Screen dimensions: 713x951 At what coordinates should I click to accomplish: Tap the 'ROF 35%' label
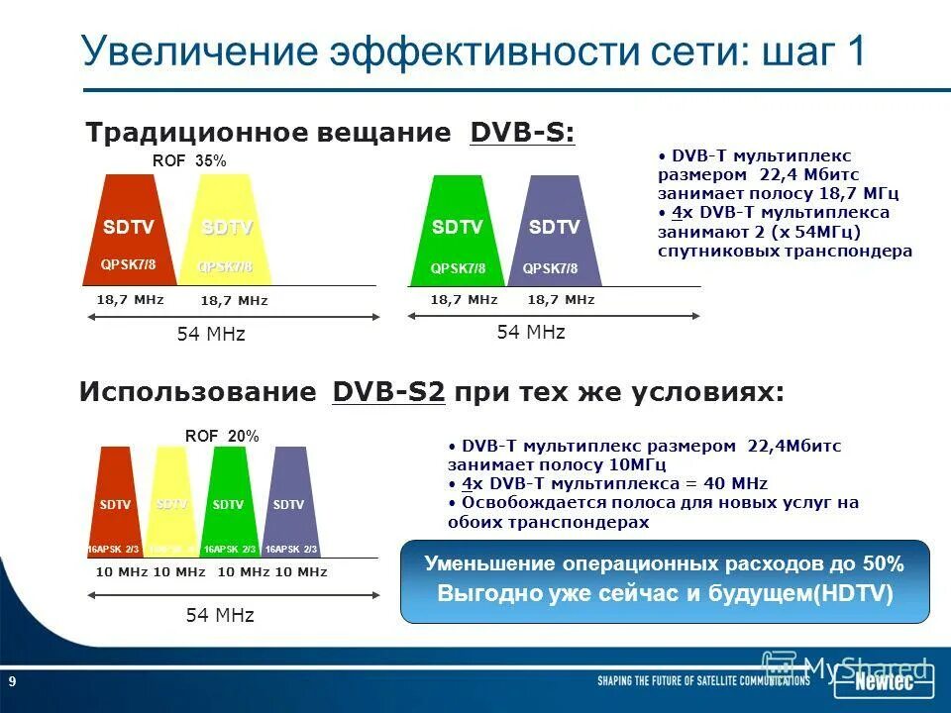(189, 160)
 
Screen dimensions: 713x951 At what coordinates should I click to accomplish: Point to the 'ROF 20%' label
(222, 436)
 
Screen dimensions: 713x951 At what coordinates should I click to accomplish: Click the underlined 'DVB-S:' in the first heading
(522, 133)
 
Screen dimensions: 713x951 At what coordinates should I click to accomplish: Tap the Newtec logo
(884, 682)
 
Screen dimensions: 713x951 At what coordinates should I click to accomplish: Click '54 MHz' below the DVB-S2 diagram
(220, 615)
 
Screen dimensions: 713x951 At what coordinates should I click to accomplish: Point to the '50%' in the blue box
(883, 564)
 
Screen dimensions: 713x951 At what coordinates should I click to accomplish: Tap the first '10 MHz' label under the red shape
(121, 572)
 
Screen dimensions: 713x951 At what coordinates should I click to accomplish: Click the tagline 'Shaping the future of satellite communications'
(703, 682)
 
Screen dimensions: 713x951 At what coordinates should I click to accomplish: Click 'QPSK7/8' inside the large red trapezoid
(129, 264)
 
